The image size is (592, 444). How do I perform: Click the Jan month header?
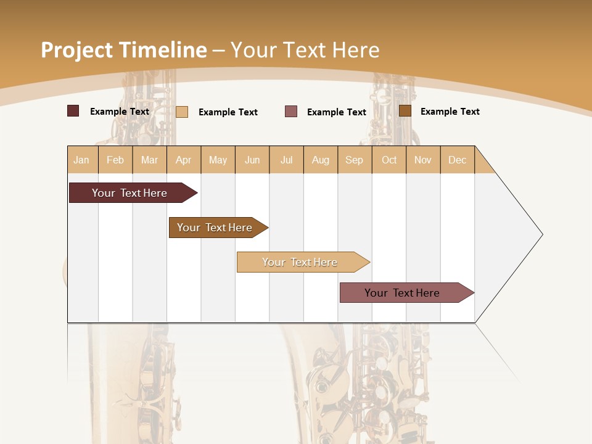(82, 160)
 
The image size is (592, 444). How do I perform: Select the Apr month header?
(184, 160)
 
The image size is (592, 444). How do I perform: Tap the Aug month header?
(321, 160)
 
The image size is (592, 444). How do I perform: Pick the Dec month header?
(457, 160)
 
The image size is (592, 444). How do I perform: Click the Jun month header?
(252, 160)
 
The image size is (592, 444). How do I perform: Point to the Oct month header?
(389, 160)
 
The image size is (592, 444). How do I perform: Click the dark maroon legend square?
(73, 111)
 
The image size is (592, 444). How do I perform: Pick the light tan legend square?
(182, 112)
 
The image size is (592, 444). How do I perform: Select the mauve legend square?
(291, 111)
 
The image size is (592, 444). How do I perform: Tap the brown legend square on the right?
(405, 111)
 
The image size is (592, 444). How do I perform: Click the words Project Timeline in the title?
(123, 50)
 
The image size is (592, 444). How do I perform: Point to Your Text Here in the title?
(305, 50)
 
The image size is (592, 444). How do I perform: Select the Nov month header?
(423, 160)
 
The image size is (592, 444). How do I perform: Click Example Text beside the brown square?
(450, 112)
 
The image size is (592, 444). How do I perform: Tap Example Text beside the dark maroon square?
(120, 112)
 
